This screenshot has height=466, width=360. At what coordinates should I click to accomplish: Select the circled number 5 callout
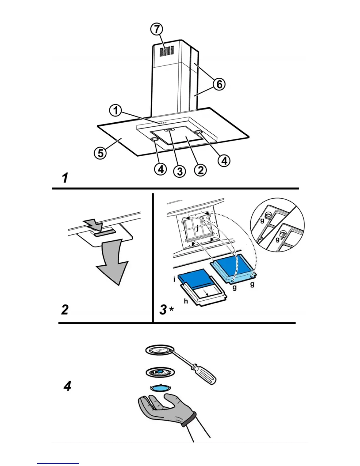click(x=101, y=153)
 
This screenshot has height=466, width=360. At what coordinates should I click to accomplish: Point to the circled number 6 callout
click(x=219, y=84)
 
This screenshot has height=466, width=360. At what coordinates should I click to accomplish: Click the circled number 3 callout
click(x=179, y=171)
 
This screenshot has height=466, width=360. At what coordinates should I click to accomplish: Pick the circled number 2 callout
click(x=200, y=170)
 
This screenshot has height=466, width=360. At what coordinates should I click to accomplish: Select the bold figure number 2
click(x=65, y=309)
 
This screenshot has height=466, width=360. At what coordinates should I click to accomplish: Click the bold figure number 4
click(x=67, y=386)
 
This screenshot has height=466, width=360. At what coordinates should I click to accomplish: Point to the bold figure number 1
click(x=65, y=178)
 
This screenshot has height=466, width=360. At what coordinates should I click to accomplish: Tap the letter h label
click(x=186, y=301)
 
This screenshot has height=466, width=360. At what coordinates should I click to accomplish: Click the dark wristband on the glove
click(x=189, y=420)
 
